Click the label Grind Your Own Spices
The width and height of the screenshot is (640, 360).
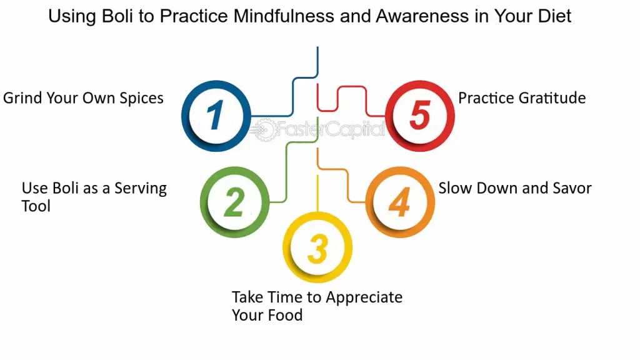[83, 98]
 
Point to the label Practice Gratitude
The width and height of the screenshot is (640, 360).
[522, 98]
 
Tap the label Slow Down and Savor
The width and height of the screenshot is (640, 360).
[515, 188]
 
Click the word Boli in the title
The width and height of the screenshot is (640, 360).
[117, 16]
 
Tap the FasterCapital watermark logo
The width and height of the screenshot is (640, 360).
[317, 130]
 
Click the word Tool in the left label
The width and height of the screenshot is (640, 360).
[36, 206]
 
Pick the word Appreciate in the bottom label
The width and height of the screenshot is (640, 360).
[364, 297]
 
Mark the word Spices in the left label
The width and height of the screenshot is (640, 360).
[141, 98]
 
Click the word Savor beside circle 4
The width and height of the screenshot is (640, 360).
[572, 188]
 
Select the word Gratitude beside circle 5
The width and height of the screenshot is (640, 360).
[552, 98]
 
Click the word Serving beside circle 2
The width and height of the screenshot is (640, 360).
[141, 189]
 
